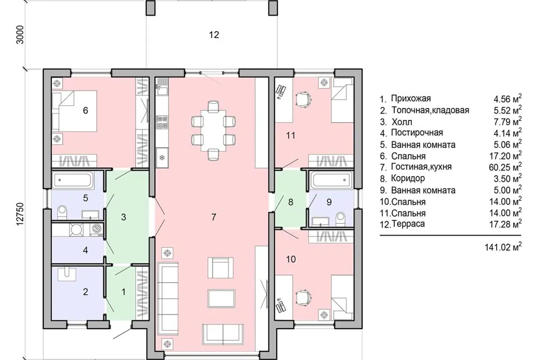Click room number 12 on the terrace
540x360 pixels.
(x=214, y=34)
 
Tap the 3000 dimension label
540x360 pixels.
(x=20, y=34)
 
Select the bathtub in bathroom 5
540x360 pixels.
(x=73, y=180)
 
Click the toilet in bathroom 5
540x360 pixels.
(x=62, y=212)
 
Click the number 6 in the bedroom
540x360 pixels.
(x=85, y=110)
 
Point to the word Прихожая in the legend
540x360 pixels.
(x=411, y=98)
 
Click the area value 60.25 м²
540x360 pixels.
(x=505, y=167)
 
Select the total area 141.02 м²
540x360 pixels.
(x=503, y=247)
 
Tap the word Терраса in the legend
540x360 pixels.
(x=408, y=224)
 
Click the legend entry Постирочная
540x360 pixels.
(x=417, y=133)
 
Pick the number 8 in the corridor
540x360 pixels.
(x=291, y=202)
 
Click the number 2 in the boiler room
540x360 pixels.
(x=85, y=292)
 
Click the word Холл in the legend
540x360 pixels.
(x=402, y=122)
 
